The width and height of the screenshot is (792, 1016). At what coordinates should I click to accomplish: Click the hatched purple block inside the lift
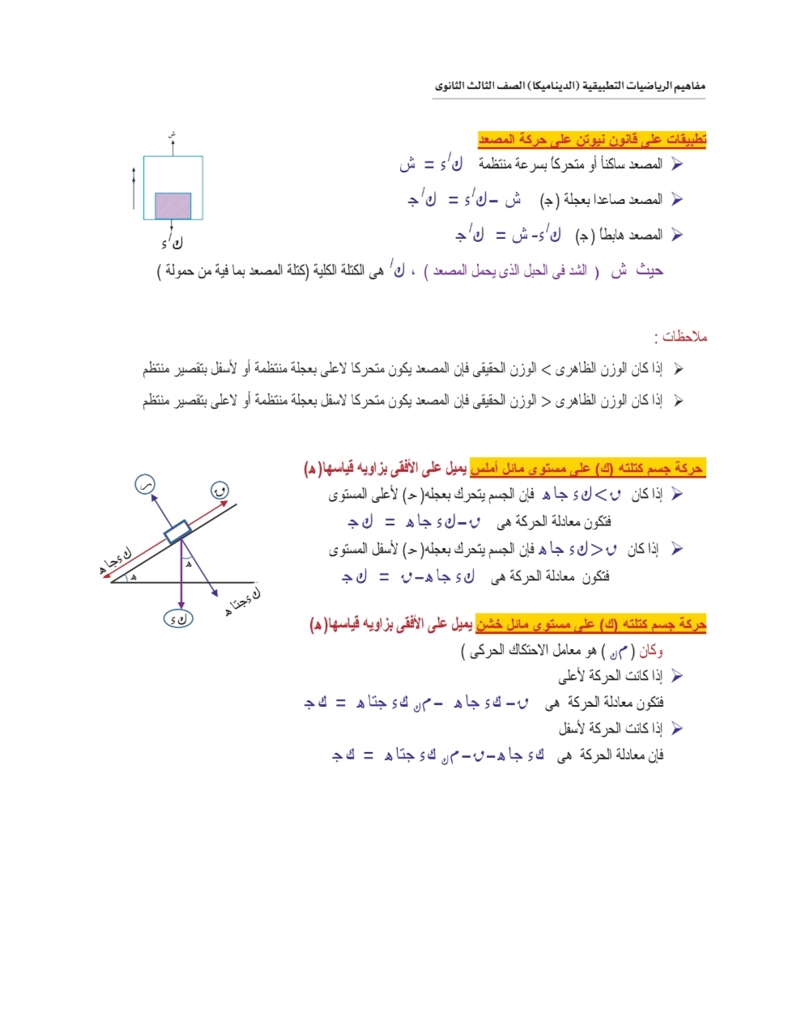tap(172, 205)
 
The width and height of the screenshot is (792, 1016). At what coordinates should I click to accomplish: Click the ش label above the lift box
tap(172, 135)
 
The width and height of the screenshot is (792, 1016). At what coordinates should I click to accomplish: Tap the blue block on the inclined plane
tap(177, 532)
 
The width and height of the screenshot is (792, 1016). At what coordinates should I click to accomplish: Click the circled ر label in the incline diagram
tap(145, 485)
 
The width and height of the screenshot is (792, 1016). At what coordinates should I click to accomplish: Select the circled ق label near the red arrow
tap(219, 490)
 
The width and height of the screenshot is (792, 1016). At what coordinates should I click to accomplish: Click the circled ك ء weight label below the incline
tap(178, 619)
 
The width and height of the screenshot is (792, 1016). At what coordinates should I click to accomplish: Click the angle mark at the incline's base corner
tap(132, 577)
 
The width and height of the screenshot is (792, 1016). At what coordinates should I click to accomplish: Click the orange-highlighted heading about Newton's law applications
tap(592, 139)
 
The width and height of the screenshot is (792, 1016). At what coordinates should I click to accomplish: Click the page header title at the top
tap(569, 85)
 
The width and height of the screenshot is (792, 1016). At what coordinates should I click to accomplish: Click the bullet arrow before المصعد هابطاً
tap(677, 235)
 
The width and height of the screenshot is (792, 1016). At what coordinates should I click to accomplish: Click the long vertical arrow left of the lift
tap(134, 189)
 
